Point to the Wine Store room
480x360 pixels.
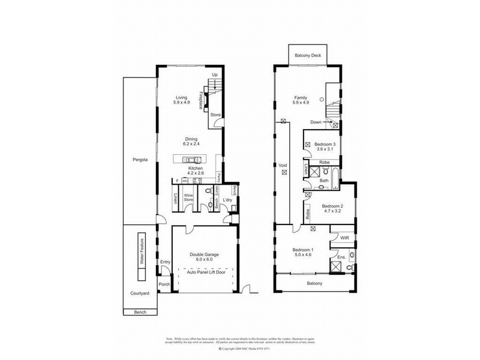coord(188,198)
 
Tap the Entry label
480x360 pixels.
coord(164,262)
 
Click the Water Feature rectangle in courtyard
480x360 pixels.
coord(141,256)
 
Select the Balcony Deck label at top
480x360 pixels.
coord(307,55)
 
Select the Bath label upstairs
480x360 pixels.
coord(323,180)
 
